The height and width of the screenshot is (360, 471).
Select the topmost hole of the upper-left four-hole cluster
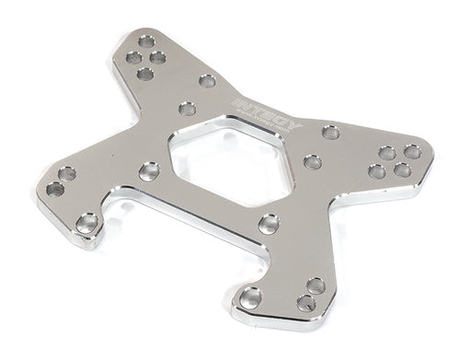pos(146,41)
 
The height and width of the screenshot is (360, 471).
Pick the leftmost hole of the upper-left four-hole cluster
pos(133,58)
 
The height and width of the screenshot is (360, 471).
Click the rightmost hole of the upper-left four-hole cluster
pos(158,58)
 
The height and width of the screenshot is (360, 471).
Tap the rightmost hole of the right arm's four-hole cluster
pos(412,151)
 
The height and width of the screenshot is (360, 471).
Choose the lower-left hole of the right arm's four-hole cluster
pos(376,171)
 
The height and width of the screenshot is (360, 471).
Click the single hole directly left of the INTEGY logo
pos(207,81)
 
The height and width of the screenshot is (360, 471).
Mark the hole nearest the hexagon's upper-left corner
pos(188,109)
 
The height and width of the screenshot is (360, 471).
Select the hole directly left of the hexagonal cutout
pos(149,170)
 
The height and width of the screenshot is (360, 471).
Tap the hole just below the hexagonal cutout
pos(269,223)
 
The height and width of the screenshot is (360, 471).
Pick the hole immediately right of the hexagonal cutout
pos(313,162)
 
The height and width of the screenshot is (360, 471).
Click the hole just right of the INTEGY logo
pos(330,133)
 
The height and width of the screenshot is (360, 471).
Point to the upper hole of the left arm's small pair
pos(67,173)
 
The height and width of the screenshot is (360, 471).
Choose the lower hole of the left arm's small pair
pos(55,189)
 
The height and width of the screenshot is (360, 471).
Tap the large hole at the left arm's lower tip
pos(88,222)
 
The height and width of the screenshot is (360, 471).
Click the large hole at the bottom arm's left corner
pos(249,297)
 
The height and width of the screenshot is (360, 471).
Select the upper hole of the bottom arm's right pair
pos(316,285)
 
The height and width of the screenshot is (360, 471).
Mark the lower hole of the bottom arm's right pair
pos(306,303)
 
